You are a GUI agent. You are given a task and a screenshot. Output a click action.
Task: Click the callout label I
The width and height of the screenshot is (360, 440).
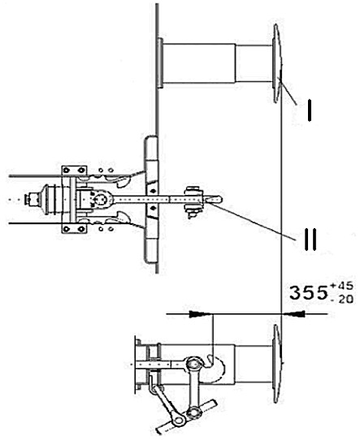(x=309, y=110)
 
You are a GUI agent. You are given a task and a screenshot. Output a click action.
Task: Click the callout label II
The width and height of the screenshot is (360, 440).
(x=310, y=239)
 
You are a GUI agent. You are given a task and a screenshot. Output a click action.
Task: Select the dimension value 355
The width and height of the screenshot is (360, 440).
(x=309, y=293)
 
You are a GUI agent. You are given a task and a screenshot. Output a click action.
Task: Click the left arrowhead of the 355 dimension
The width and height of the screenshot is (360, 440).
(x=200, y=314)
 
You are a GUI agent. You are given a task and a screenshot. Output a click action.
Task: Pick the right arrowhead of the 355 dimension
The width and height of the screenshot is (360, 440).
(x=293, y=314)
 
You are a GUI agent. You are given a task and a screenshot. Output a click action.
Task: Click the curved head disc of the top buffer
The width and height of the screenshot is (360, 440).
(x=277, y=63)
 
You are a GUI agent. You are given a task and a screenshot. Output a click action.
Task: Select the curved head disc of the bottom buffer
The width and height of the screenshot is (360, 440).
(x=277, y=364)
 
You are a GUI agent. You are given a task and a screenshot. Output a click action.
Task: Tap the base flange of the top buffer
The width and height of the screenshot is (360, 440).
(x=160, y=63)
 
